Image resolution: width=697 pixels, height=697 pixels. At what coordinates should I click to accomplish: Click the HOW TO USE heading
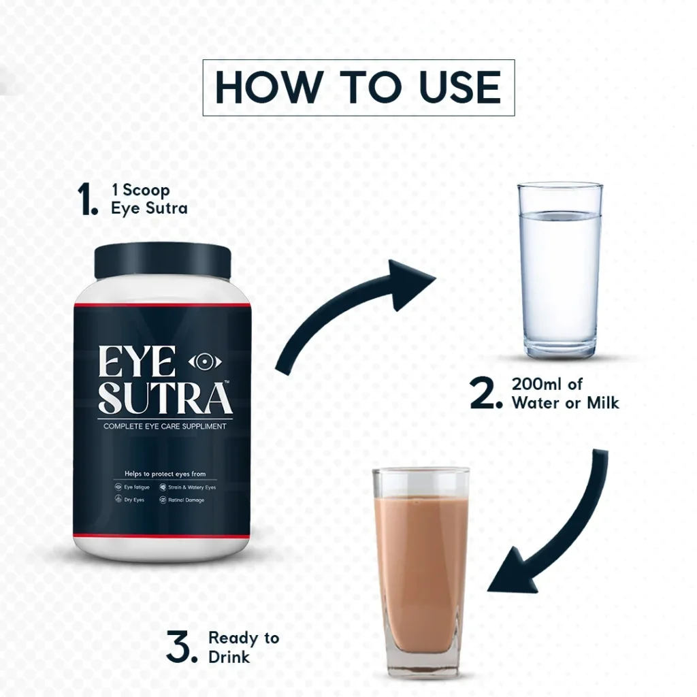(358, 88)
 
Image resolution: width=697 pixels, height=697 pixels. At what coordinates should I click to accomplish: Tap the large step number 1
(87, 199)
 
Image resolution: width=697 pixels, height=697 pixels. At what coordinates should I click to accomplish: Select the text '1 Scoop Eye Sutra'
(149, 199)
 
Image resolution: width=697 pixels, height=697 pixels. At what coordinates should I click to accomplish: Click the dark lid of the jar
(163, 261)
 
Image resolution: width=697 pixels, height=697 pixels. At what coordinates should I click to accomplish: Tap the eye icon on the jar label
(205, 362)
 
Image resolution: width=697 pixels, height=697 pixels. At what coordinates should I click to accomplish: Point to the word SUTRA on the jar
(165, 398)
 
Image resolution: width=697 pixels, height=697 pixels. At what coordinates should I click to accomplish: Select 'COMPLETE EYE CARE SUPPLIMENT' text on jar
(165, 426)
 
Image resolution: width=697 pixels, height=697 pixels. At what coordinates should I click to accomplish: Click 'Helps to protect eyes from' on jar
(165, 474)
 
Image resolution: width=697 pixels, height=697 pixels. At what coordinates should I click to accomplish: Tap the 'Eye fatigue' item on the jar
(132, 487)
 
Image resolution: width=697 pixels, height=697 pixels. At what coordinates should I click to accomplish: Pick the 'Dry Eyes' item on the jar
(129, 500)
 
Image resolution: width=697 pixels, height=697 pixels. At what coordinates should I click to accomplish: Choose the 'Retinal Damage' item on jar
(182, 500)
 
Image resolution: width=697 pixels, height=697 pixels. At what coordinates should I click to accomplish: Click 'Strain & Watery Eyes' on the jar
(188, 487)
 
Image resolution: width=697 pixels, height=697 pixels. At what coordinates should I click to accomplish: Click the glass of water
(560, 270)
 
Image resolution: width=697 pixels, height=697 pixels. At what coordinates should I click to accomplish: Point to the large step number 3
(181, 647)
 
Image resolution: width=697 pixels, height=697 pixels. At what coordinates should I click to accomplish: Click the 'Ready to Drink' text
(244, 647)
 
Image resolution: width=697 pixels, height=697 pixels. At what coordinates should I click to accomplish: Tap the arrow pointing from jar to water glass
(338, 302)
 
